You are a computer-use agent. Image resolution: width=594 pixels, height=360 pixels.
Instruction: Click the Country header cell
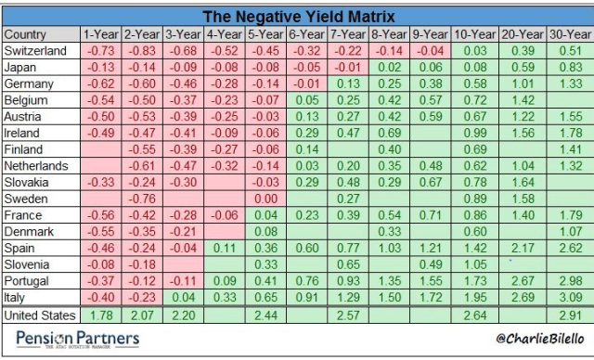click(26, 34)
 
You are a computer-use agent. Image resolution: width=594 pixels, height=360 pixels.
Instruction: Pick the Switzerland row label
click(36, 50)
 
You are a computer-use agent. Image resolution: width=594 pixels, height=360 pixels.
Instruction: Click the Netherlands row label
click(37, 167)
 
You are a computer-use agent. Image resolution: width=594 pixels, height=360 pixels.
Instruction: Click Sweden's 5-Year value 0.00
click(266, 198)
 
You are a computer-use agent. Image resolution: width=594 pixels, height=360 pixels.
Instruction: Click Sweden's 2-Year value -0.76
click(142, 198)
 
